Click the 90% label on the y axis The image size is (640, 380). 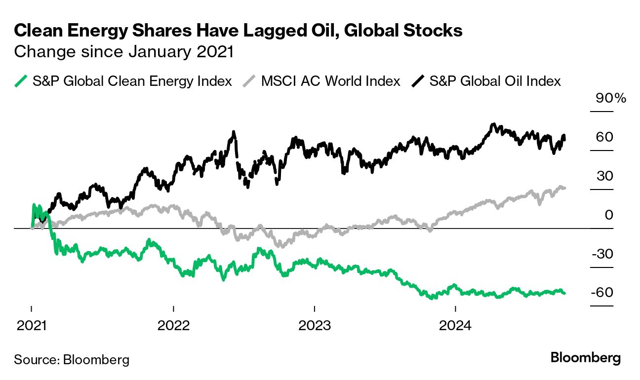click(610, 98)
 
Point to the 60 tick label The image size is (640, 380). click(604, 137)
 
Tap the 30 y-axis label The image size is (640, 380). click(604, 176)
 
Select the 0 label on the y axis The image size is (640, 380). click(609, 215)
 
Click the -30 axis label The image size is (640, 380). click(602, 254)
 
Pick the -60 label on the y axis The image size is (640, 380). click(602, 293)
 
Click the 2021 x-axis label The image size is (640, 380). click(32, 326)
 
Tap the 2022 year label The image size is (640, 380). click(173, 326)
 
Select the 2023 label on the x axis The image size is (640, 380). click(315, 326)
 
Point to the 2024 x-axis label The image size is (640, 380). click(455, 326)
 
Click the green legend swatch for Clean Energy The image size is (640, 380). click(21, 81)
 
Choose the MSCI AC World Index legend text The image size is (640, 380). click(330, 81)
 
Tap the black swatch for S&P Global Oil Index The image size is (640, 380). click(418, 81)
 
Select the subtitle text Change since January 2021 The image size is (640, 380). click(124, 52)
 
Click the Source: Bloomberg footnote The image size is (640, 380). click(72, 359)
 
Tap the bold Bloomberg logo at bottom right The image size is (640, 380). click(586, 358)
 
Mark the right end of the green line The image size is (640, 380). click(564, 293)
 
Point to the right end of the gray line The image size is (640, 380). click(564, 188)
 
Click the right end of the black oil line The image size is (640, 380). click(564, 140)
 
